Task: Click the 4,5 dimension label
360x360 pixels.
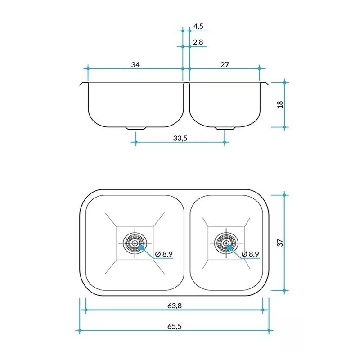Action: click(x=198, y=26)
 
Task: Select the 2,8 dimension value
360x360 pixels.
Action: click(x=198, y=42)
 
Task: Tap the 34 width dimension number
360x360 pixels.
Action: click(x=135, y=65)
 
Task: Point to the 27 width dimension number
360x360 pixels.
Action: click(x=225, y=65)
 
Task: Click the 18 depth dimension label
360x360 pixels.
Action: click(x=280, y=104)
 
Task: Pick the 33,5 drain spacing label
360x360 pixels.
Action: click(x=180, y=138)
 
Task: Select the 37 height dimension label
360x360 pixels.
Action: click(x=280, y=243)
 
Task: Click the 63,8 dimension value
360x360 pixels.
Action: click(x=175, y=306)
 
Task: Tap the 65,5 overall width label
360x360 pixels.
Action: click(x=175, y=326)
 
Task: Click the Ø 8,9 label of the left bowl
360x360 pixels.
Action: click(x=164, y=254)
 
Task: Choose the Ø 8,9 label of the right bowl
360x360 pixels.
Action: click(x=250, y=254)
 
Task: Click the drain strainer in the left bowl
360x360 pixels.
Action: click(x=135, y=243)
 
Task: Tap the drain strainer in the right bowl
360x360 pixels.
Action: click(x=226, y=243)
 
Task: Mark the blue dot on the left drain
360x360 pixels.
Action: click(x=142, y=247)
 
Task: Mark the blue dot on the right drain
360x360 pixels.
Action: click(x=229, y=247)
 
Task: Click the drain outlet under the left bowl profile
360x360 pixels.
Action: click(x=136, y=128)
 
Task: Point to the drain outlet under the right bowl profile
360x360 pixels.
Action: click(x=225, y=128)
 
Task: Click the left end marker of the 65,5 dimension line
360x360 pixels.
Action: click(x=80, y=331)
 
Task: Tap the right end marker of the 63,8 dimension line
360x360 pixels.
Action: click(x=263, y=310)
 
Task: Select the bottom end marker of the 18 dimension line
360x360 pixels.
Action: click(x=284, y=127)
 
